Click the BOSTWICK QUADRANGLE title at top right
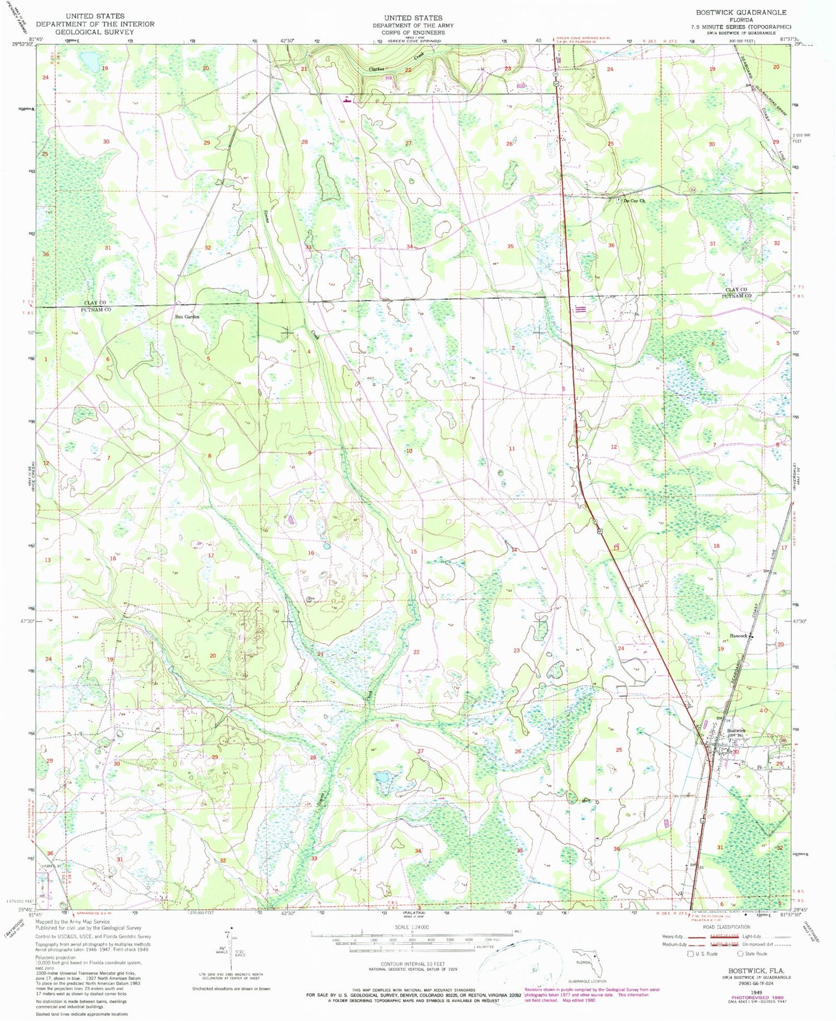pyautogui.click(x=741, y=12)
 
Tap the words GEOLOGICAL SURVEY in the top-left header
pyautogui.click(x=95, y=32)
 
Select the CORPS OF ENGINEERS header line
pyautogui.click(x=412, y=33)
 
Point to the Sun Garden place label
pyautogui.click(x=187, y=316)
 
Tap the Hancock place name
pyautogui.click(x=738, y=636)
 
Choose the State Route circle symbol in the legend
pyautogui.click(x=741, y=954)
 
